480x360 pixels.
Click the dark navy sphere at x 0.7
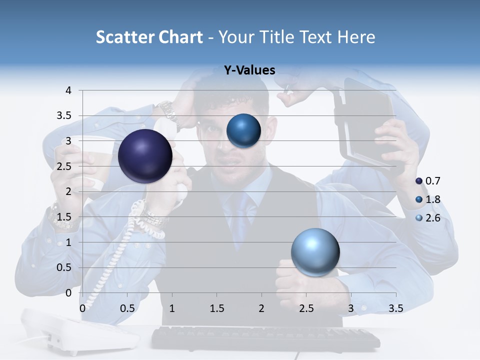coord(145,155)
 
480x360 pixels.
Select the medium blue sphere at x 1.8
coord(243,131)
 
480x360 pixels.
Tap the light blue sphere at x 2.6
coord(315,252)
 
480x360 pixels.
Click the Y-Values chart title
coord(249,70)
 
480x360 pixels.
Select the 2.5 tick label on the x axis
coord(306,308)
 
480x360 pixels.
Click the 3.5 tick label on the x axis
coord(395,308)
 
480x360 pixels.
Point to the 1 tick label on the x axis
coord(172,308)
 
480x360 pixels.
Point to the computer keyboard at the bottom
coord(265,338)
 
